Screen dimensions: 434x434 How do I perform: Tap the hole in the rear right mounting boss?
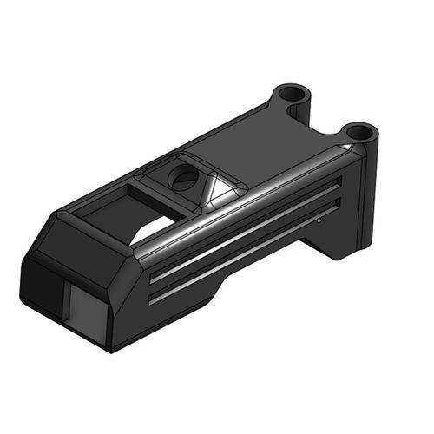(358, 133)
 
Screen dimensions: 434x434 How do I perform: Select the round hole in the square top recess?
(184, 178)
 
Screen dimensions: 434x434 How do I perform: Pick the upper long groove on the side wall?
(243, 230)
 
